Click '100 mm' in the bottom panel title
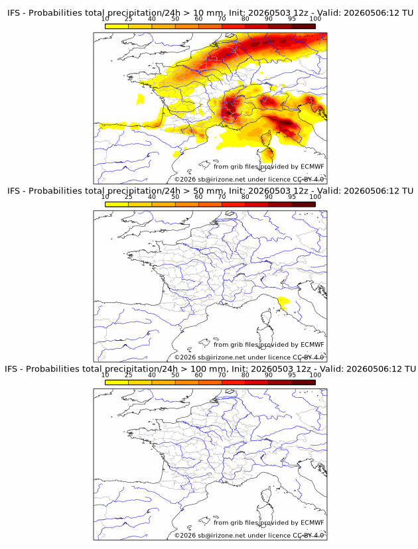coord(208,369)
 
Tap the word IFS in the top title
coord(14,13)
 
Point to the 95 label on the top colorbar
coord(292,19)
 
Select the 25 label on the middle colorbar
coord(128,197)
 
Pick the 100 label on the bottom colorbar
coord(315,375)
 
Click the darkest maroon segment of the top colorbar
coord(303,27)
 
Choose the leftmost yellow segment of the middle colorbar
coord(117,204)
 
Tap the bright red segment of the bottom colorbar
coord(234,383)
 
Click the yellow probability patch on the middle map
coord(283,302)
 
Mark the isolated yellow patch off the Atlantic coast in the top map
coord(141,99)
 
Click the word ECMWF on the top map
coord(313,166)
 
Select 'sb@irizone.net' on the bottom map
coord(222,535)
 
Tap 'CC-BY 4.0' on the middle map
coord(309,357)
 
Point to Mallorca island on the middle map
coord(204,342)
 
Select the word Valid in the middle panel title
coord(329,191)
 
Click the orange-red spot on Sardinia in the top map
coord(269,154)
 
